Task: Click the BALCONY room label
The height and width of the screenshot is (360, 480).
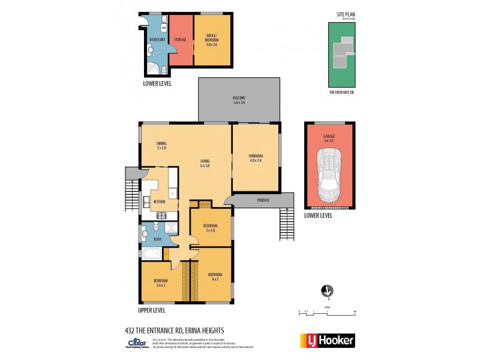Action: click(239, 100)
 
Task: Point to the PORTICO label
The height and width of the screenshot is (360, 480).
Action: click(263, 200)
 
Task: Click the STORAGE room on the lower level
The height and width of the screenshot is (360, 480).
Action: click(180, 40)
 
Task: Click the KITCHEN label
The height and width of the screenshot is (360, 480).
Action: click(159, 202)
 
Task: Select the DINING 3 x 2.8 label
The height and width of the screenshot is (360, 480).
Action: click(161, 145)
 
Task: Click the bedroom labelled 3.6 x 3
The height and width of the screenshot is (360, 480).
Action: click(160, 283)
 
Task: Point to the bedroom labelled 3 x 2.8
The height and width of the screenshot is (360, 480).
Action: click(210, 228)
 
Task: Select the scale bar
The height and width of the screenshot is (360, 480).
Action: click(327, 312)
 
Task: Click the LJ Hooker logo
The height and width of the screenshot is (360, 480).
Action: click(327, 340)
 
